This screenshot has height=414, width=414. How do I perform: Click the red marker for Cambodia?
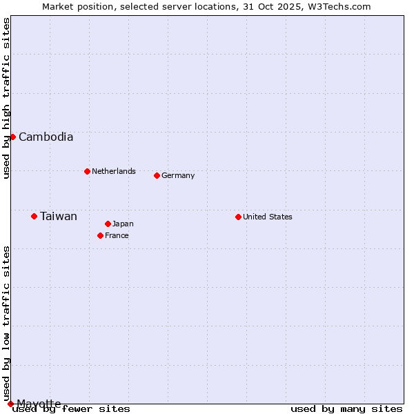pos(12,137)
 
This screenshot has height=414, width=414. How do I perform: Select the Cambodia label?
pos(46,137)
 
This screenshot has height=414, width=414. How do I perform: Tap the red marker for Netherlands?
pos(87,171)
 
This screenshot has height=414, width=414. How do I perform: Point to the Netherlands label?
pos(114,171)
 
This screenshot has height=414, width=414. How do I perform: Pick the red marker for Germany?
pos(157,175)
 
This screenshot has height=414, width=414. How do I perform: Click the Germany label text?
pos(178,175)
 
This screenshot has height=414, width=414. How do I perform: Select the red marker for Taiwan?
pos(34,216)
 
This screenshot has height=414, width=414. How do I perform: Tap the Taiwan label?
pos(59,216)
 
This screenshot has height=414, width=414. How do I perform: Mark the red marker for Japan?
pos(108,224)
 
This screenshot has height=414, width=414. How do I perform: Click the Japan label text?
pos(123,224)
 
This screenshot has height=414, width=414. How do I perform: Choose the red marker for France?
pos(100,235)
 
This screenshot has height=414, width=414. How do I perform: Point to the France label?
pos(117,235)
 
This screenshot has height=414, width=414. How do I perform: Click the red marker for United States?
pos(238,217)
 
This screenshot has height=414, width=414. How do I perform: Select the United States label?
pos(268,217)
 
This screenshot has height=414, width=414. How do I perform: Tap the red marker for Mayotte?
pos(10,404)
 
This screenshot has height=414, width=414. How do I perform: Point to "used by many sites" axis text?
pos(346,408)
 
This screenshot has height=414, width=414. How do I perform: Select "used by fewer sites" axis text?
pos(72,408)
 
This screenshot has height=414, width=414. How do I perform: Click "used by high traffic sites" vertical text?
pos(6,98)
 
